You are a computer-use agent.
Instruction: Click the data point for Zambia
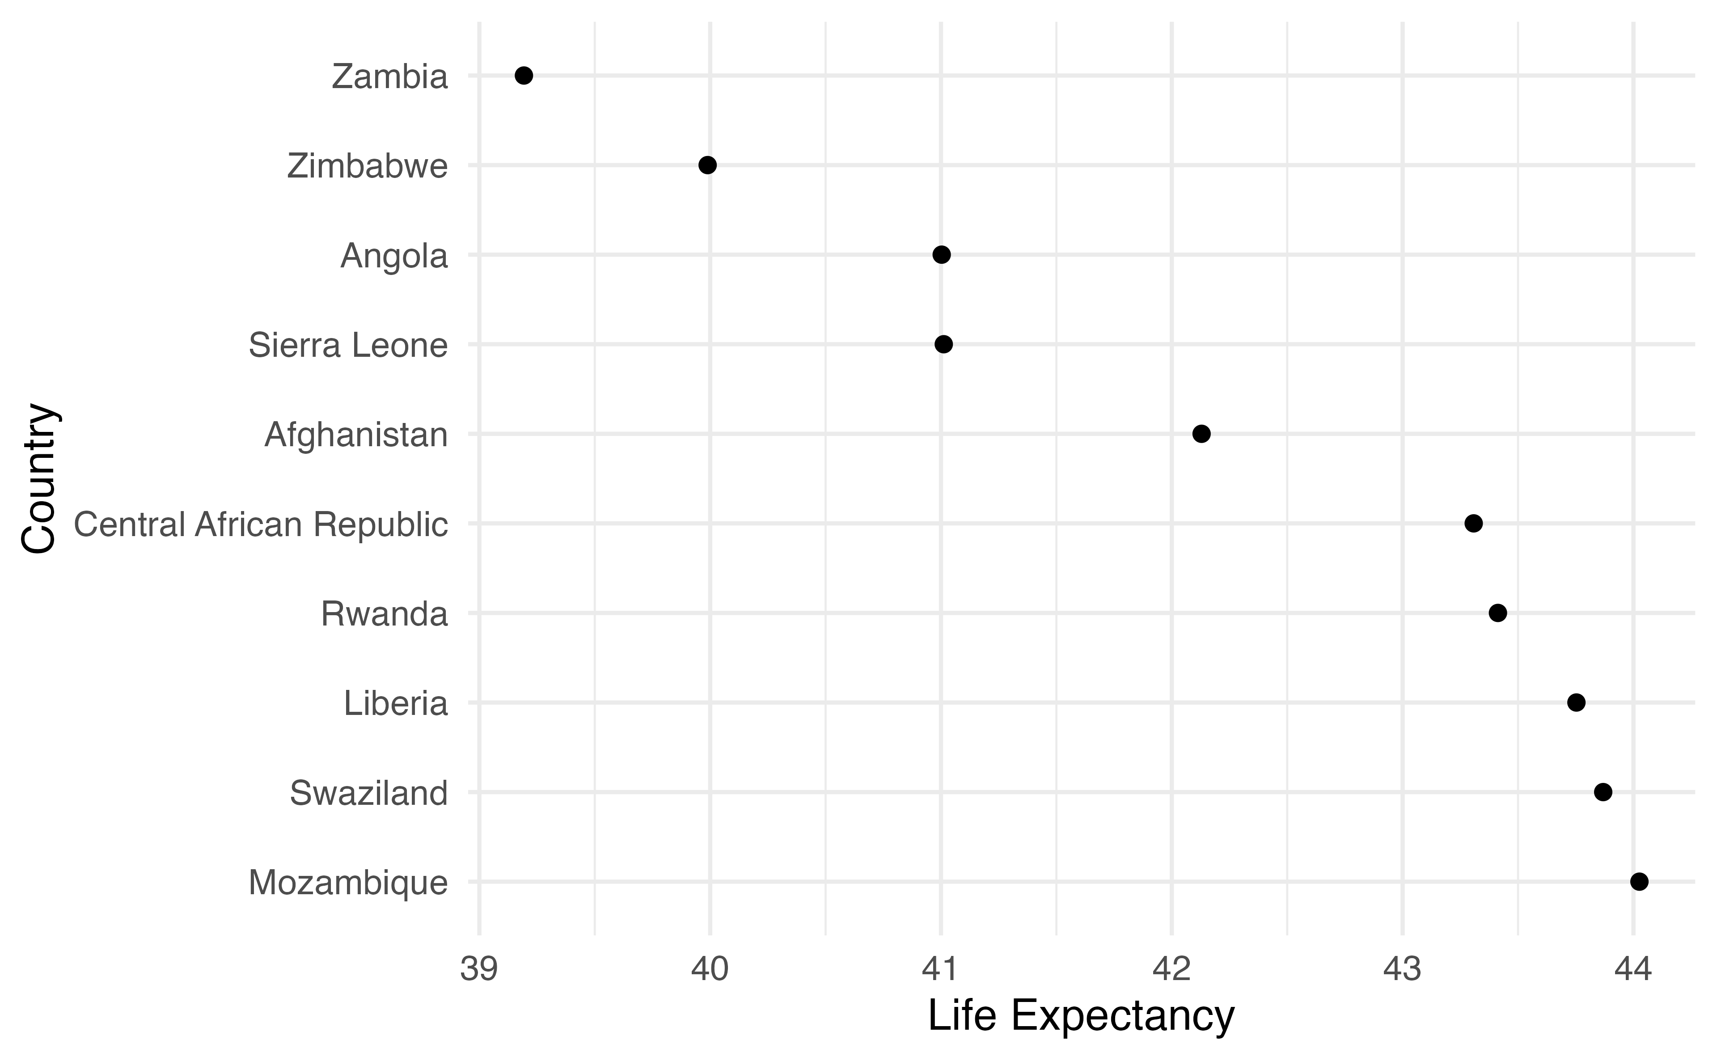[x=524, y=76]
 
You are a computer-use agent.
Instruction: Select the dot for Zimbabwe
[x=707, y=165]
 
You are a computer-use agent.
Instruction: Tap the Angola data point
[x=942, y=255]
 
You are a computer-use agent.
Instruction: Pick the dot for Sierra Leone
[x=944, y=344]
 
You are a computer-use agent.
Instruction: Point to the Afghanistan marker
[x=1201, y=434]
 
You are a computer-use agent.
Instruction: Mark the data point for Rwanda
[x=1497, y=613]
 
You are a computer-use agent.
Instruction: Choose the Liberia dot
[x=1576, y=702]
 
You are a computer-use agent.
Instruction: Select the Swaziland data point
[x=1603, y=792]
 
